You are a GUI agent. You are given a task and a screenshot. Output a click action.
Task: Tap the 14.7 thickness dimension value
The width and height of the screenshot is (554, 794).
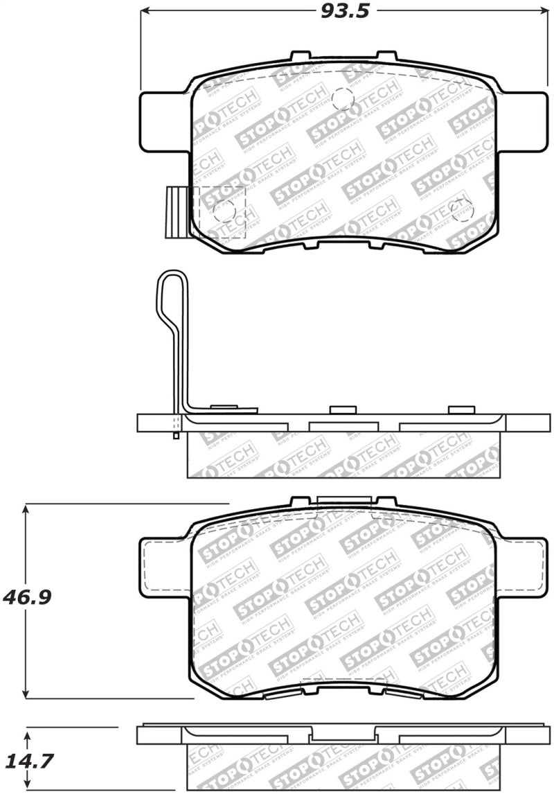(28, 761)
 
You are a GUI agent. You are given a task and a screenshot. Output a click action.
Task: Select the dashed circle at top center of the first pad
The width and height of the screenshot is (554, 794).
(343, 100)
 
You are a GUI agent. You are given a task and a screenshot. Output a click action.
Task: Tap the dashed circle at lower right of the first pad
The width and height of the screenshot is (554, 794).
(461, 209)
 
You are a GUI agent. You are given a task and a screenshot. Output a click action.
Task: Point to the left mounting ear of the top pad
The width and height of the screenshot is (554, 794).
(163, 122)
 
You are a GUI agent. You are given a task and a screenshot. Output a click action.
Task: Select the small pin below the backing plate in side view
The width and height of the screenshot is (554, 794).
(177, 435)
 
